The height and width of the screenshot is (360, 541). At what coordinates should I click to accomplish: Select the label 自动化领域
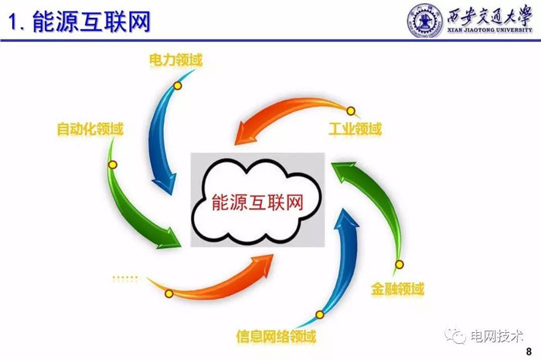(90, 129)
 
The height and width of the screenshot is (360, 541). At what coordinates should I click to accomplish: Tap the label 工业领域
(355, 129)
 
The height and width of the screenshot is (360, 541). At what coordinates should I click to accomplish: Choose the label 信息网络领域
(276, 337)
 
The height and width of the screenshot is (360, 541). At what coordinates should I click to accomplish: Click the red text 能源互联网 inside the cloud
(256, 202)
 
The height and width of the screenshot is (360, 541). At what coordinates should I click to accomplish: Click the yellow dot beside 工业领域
(350, 110)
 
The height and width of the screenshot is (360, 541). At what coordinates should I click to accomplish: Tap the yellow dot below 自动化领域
(113, 165)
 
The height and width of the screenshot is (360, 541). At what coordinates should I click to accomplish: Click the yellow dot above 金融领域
(400, 266)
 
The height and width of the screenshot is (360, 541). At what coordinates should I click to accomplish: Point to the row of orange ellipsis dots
(124, 277)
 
